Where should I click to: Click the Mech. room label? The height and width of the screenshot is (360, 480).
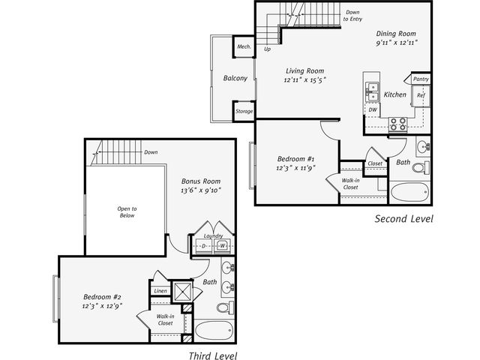244,46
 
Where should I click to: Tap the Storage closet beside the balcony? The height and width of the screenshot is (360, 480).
244,112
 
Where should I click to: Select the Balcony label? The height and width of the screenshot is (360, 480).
235,78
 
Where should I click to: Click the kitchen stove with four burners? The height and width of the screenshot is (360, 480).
398,124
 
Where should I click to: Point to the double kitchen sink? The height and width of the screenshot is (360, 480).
372,92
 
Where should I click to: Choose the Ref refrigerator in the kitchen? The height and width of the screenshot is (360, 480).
421,95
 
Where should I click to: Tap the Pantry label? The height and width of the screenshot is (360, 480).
421,79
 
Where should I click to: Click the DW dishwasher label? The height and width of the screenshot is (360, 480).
373,109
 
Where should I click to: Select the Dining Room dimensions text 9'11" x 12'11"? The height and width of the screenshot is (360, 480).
397,42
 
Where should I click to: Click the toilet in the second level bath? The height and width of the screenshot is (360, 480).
421,167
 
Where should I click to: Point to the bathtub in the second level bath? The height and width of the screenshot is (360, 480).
409,192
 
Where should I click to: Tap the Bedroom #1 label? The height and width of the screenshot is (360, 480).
295,159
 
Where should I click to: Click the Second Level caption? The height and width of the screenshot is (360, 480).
404,218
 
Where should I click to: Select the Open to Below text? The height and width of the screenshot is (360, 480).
127,212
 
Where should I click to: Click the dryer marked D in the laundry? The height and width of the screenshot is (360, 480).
204,247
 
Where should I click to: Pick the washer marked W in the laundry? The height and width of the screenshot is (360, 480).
222,246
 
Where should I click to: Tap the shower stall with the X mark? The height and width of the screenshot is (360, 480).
182,292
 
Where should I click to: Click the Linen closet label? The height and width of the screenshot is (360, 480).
160,291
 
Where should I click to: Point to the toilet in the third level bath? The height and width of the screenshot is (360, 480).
225,307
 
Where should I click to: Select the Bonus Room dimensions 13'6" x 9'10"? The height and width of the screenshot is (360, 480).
201,190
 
